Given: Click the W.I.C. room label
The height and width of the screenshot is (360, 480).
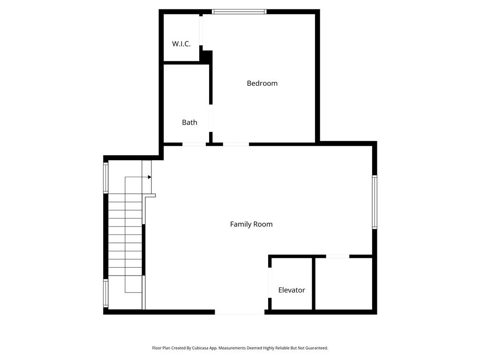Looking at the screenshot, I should pyautogui.click(x=181, y=44).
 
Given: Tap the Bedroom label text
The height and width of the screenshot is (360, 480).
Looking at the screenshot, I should pyautogui.click(x=262, y=83).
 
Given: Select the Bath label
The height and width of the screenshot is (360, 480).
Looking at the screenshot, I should pyautogui.click(x=189, y=122).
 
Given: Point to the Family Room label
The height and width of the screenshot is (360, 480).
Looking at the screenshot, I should pyautogui.click(x=251, y=224).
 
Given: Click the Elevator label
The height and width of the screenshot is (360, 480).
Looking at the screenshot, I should pyautogui.click(x=292, y=290).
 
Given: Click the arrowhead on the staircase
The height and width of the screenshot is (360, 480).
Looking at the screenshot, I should pyautogui.click(x=150, y=177).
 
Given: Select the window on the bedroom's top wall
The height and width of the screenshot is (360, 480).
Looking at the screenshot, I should pyautogui.click(x=239, y=11).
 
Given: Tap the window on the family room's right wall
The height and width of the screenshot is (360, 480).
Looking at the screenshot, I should pyautogui.click(x=375, y=202).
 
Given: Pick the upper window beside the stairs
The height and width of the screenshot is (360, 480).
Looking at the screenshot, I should pyautogui.click(x=106, y=177).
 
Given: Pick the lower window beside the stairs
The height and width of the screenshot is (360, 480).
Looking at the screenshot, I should pyautogui.click(x=106, y=293).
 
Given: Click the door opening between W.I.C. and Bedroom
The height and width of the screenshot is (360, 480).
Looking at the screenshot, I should pyautogui.click(x=201, y=31).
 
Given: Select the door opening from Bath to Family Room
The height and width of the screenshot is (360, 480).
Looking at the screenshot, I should pyautogui.click(x=194, y=144).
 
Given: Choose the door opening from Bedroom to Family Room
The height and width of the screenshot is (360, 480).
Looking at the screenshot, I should pyautogui.click(x=236, y=144).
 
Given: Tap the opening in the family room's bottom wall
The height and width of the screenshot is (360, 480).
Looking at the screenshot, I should pyautogui.click(x=240, y=312).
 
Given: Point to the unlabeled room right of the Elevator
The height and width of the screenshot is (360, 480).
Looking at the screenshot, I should pyautogui.click(x=343, y=284).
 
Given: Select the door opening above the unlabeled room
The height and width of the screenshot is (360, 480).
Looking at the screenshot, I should pyautogui.click(x=337, y=256).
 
